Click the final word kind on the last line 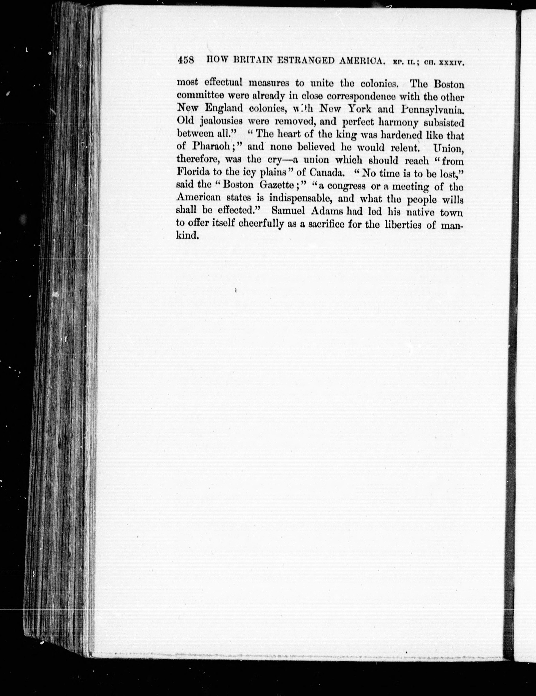[187, 236]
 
